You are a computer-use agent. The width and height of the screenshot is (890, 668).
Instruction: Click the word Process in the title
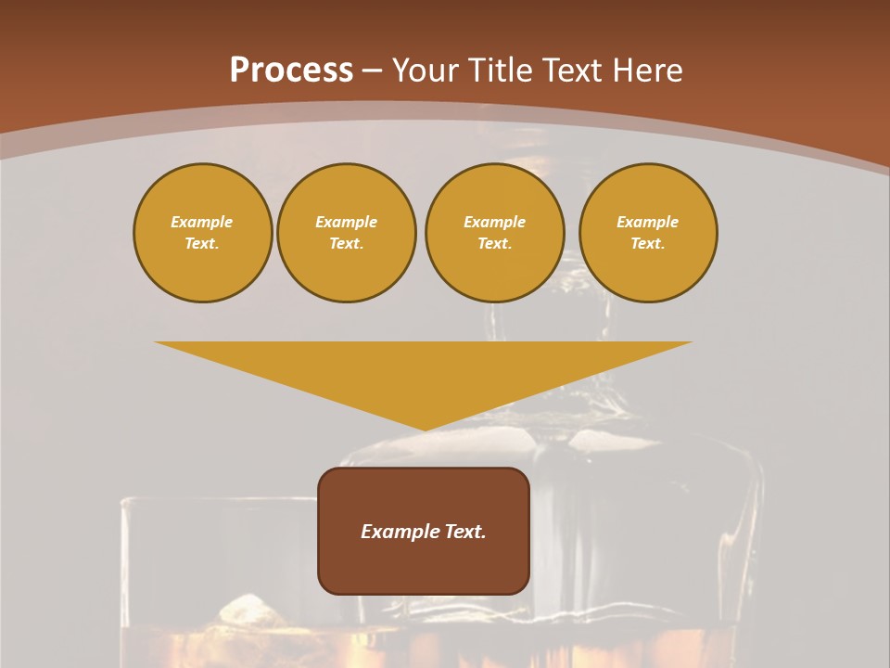[x=291, y=71]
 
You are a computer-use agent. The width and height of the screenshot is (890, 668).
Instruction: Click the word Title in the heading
[x=500, y=71]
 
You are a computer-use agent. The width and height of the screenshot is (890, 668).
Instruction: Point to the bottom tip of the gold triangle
[x=425, y=429]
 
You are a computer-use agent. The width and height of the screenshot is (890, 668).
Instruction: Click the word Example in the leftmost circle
[x=202, y=222]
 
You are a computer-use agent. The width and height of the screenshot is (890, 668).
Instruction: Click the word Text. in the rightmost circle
[x=648, y=243]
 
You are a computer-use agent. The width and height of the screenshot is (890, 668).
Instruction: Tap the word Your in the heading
[x=426, y=71]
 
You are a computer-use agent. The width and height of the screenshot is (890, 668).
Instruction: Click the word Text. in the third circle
[x=494, y=243]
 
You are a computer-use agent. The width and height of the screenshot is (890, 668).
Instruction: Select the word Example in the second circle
[x=346, y=222]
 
